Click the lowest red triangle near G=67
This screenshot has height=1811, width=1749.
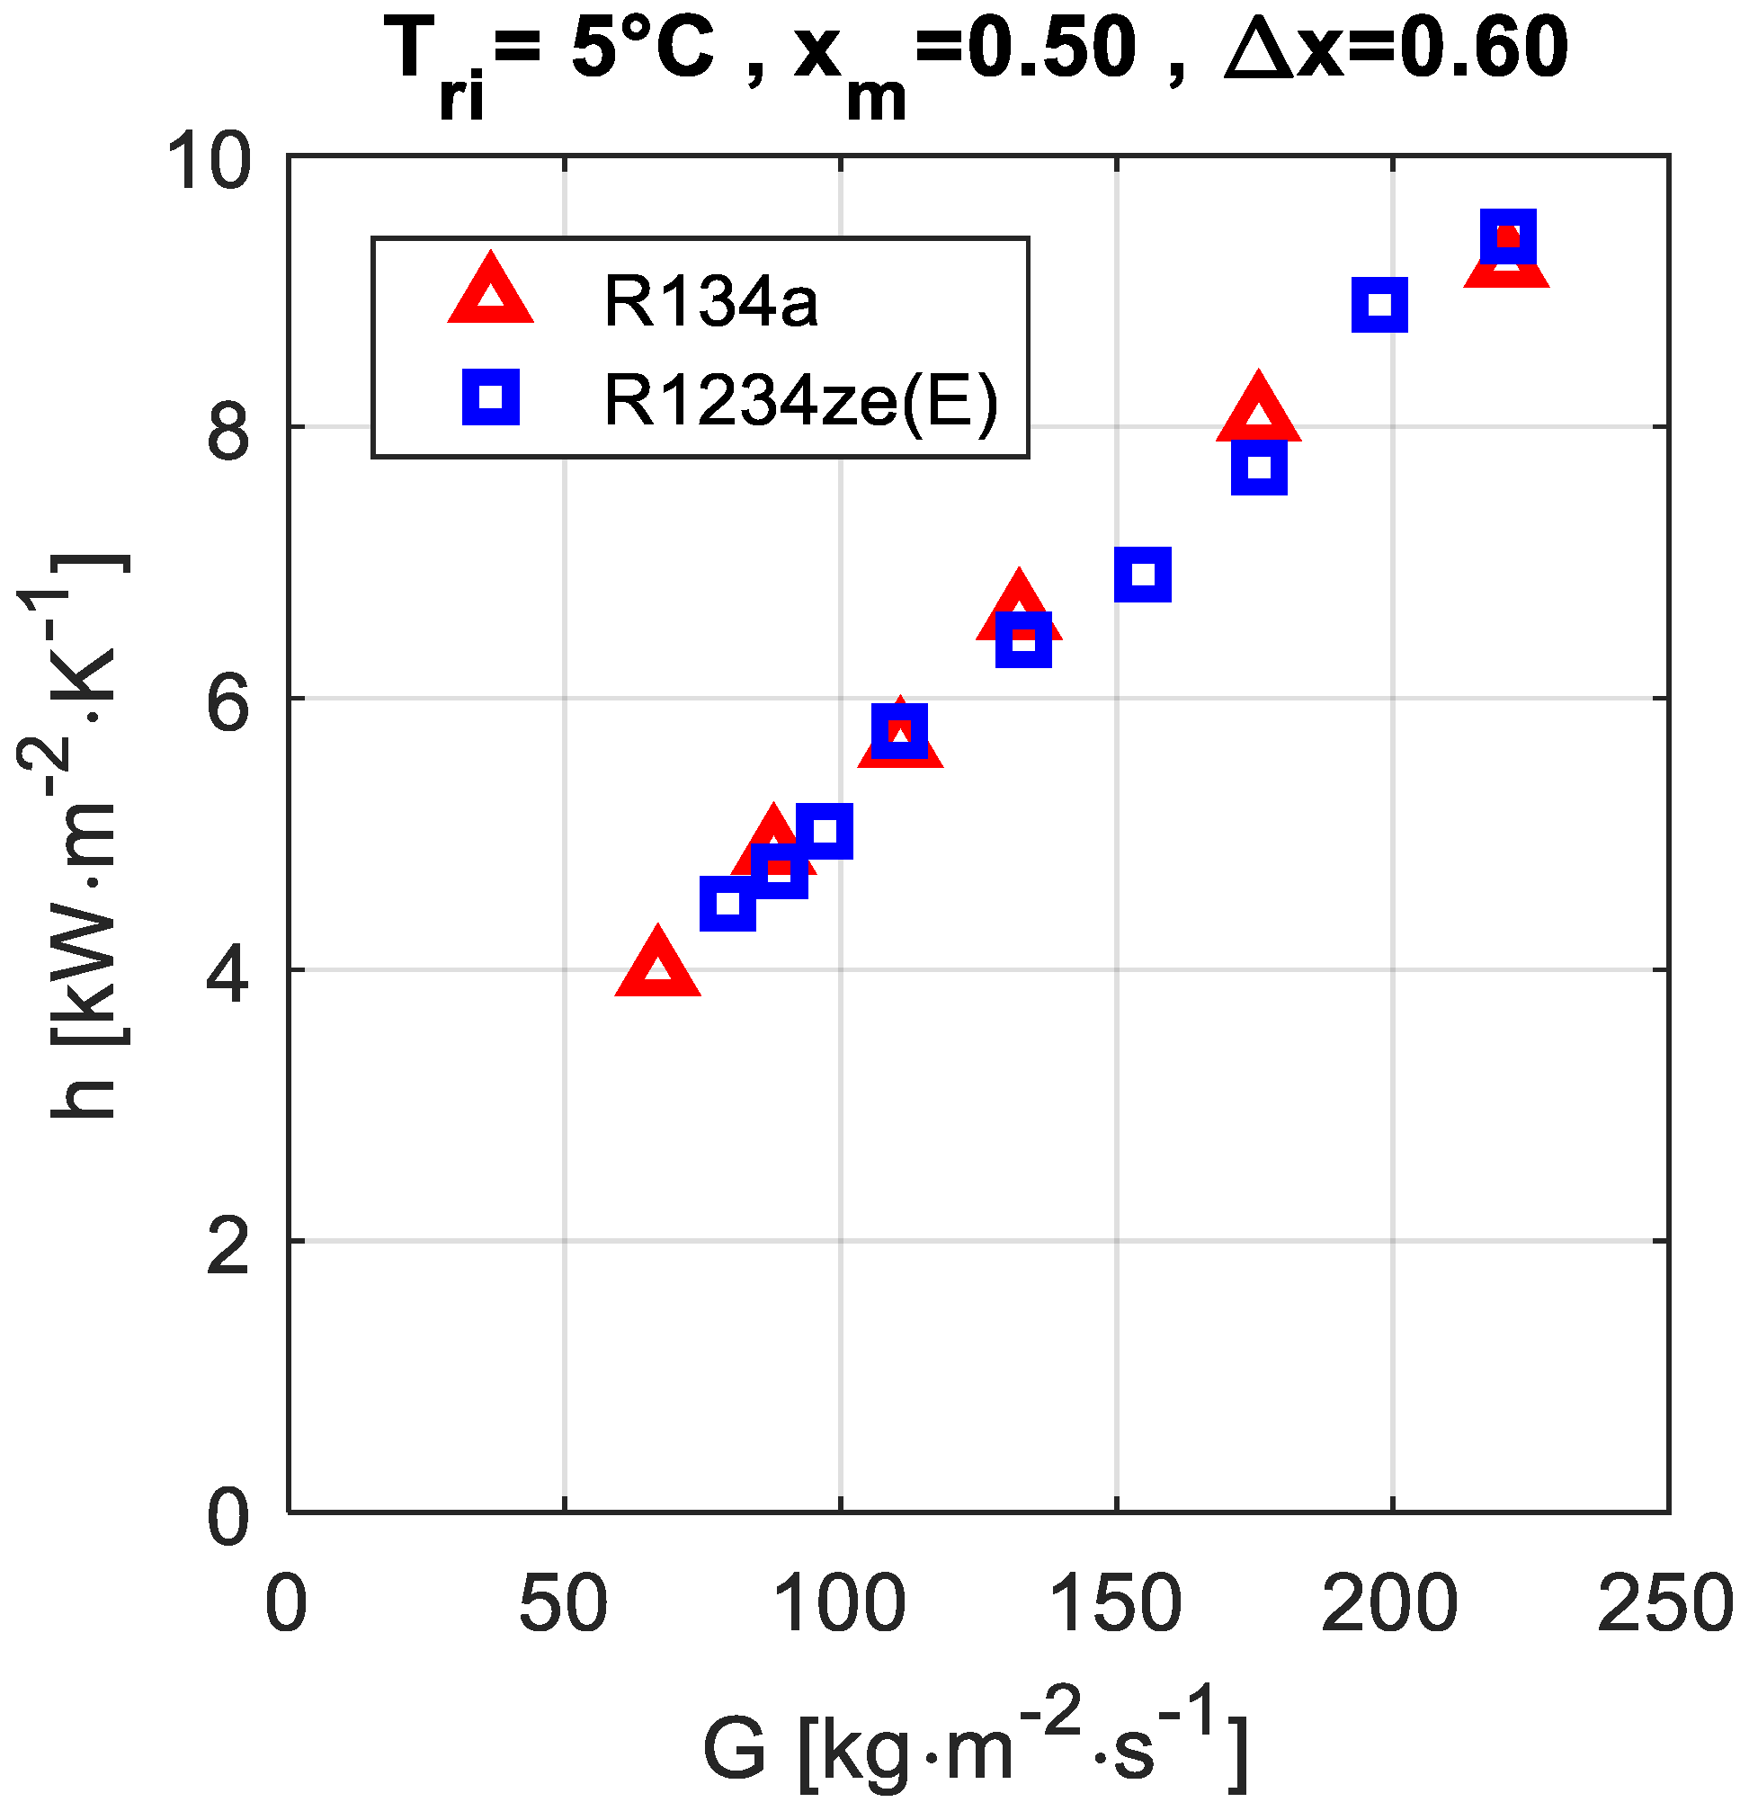coord(657,965)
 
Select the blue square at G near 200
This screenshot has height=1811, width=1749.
coord(1379,304)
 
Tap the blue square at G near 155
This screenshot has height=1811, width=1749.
coord(1143,574)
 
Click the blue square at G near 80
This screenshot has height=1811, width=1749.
coord(728,903)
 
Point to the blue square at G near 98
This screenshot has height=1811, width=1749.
coord(825,831)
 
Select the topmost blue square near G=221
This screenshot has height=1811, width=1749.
coord(1508,236)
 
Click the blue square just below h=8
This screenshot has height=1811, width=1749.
coord(1258,467)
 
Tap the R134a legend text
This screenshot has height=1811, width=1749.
coord(709,301)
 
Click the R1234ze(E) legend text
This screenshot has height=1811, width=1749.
coord(801,400)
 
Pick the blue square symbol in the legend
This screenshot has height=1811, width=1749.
coord(491,397)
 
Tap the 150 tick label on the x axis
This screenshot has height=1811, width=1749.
coord(1115,1605)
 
